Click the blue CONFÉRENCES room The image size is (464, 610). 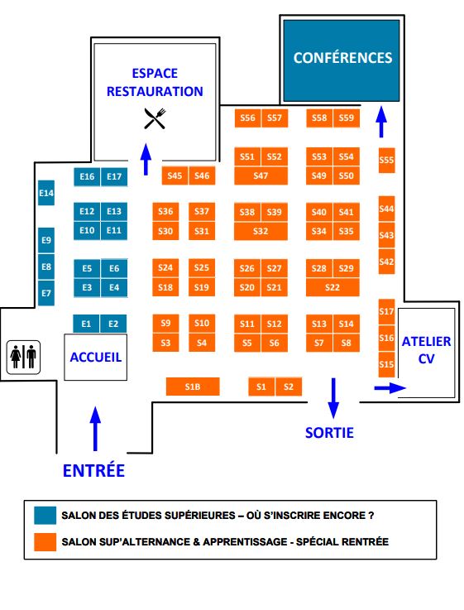[342, 59]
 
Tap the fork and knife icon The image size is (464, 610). [155, 118]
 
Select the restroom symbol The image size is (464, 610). [23, 357]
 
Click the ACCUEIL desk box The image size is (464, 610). [96, 358]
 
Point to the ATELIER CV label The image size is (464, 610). [426, 350]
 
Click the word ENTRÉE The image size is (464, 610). [93, 470]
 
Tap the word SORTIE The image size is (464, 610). [329, 432]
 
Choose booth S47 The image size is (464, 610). [261, 175]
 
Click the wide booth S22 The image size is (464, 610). [332, 287]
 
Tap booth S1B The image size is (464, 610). [192, 387]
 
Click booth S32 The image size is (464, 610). [261, 231]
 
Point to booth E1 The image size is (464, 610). [86, 324]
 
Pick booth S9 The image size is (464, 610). [165, 323]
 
